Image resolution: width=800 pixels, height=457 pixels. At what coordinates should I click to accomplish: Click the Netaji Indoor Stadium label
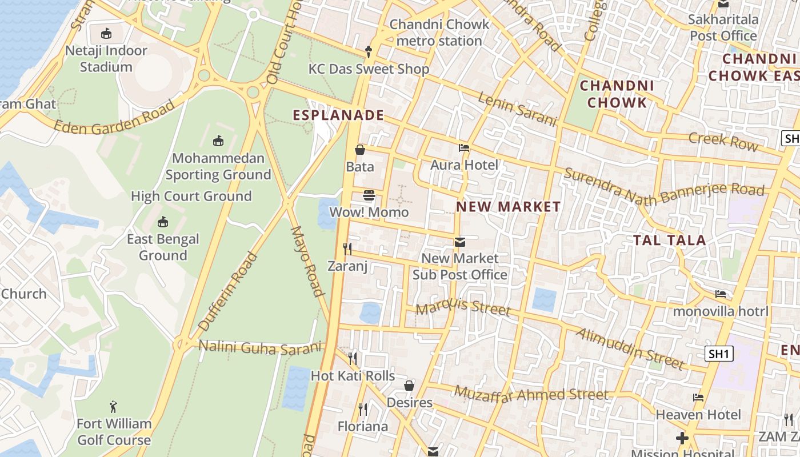(x=106, y=58)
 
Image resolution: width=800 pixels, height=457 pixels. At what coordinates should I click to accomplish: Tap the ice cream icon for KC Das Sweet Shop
(x=369, y=51)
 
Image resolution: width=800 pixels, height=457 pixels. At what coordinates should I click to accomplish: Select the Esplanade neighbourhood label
(x=338, y=115)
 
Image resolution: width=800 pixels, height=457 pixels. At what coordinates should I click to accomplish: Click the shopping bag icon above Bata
(x=360, y=150)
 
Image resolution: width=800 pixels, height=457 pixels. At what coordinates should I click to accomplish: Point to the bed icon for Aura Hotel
(x=464, y=148)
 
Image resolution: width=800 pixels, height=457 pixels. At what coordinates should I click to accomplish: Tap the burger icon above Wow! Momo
(x=369, y=195)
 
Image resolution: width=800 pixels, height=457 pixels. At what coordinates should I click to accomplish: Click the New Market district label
(x=508, y=207)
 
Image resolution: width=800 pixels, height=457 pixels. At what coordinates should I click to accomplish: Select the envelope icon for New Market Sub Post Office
(x=459, y=242)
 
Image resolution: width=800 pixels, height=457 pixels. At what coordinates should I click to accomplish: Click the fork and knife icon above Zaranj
(x=347, y=248)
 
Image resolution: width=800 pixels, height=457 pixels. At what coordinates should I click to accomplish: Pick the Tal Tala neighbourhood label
(x=670, y=240)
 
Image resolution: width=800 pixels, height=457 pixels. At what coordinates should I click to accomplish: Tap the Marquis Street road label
(x=463, y=307)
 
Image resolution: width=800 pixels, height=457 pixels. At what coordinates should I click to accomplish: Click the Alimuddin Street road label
(x=630, y=348)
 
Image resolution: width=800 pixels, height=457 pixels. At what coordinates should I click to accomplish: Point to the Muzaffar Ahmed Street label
(x=531, y=394)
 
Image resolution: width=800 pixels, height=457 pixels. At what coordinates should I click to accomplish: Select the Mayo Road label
(x=307, y=262)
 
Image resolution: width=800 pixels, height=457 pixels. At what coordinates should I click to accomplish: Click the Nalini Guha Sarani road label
(x=260, y=347)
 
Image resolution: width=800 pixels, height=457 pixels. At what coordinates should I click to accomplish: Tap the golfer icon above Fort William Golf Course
(x=114, y=407)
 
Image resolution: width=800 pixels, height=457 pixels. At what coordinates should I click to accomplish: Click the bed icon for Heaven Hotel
(x=698, y=398)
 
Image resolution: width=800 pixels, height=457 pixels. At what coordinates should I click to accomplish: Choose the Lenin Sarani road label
(x=517, y=109)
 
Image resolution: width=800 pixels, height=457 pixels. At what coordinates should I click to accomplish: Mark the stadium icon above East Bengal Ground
(x=163, y=222)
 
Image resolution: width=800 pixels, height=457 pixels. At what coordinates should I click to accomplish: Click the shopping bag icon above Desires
(x=409, y=386)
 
